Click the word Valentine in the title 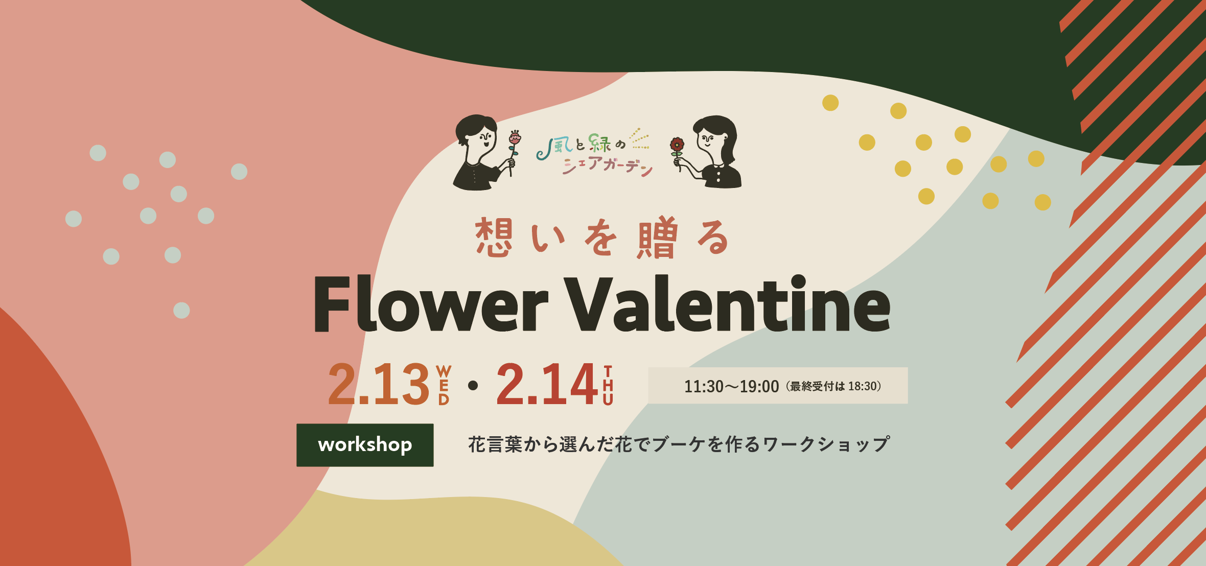[730, 303]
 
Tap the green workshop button [365, 445]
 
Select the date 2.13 [379, 384]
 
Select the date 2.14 [547, 384]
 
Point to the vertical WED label [444, 385]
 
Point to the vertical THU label [608, 385]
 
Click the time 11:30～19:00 [731, 387]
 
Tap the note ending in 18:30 [834, 386]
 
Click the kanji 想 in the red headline [494, 237]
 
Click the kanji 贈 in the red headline [657, 237]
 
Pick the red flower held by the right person [677, 145]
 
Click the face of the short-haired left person [482, 139]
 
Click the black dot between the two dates [473, 386]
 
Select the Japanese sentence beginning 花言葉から [679, 444]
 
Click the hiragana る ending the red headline [712, 237]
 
